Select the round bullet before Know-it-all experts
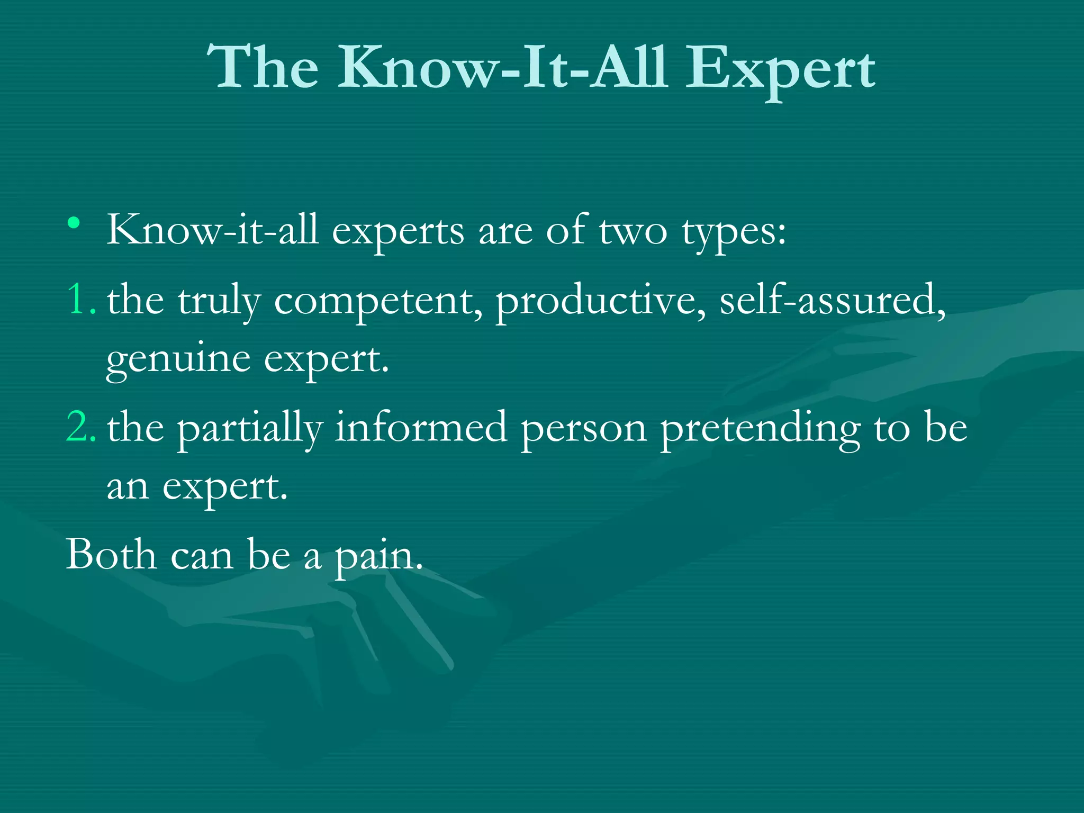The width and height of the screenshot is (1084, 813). click(74, 222)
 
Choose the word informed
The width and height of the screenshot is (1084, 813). click(421, 427)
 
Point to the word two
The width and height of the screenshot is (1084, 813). click(633, 231)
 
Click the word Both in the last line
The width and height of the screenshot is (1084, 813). click(111, 555)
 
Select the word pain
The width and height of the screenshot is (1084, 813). click(379, 557)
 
